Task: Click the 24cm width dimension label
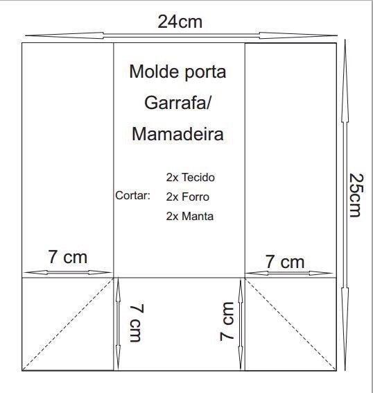(x=180, y=22)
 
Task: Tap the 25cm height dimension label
(x=356, y=195)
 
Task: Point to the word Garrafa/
(x=177, y=103)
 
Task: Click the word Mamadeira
(x=177, y=134)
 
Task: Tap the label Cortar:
(x=132, y=196)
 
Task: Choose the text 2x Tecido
(x=191, y=178)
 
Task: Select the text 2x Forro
(x=187, y=196)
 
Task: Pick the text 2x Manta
(x=190, y=216)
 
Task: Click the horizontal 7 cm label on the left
(x=67, y=257)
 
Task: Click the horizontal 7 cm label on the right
(x=285, y=262)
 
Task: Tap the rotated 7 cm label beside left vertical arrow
(x=137, y=323)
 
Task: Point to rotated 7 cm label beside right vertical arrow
(x=227, y=321)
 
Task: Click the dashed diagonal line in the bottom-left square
(x=68, y=324)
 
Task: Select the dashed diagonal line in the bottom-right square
(x=290, y=324)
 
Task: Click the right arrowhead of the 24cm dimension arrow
(x=298, y=35)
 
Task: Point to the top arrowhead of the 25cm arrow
(x=345, y=81)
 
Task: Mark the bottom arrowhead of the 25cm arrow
(x=345, y=329)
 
